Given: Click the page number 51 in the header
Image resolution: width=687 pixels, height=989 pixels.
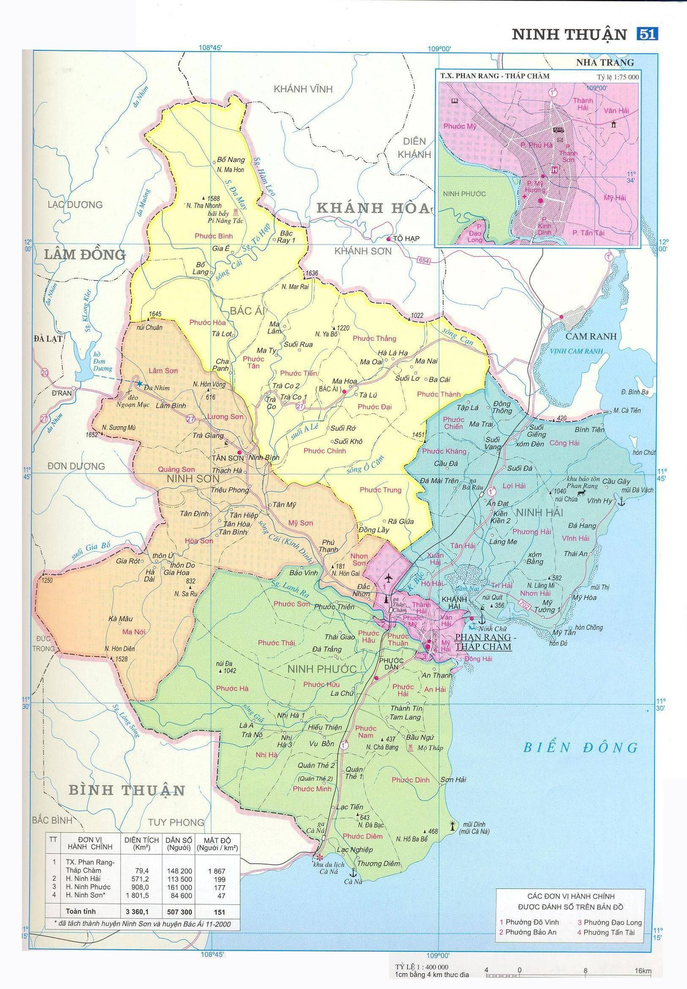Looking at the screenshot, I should click(x=647, y=34).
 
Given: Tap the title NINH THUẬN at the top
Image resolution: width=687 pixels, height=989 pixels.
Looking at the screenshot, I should click(x=569, y=34).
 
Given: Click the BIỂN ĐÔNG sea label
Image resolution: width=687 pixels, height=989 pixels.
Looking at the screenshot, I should click(x=581, y=747).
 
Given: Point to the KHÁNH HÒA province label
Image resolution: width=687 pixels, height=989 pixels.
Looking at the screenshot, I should click(x=373, y=208).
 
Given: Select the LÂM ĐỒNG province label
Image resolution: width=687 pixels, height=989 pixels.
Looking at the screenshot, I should click(x=85, y=254).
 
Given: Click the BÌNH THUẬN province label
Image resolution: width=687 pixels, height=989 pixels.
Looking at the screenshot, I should click(x=127, y=790).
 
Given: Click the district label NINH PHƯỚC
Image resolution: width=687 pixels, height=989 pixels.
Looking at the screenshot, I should click(x=322, y=669).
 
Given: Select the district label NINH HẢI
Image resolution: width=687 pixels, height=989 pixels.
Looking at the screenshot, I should click(x=540, y=512).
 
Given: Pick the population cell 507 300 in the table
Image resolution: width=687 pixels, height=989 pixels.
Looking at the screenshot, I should click(x=179, y=912).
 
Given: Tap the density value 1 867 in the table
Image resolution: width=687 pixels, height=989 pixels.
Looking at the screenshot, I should click(x=216, y=870).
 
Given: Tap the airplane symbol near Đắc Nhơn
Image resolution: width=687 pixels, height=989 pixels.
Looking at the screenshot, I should click(x=388, y=577).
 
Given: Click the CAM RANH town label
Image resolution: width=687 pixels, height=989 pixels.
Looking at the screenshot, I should click(x=591, y=336).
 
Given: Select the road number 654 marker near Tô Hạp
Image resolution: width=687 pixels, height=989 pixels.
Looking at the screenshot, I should click(x=423, y=261).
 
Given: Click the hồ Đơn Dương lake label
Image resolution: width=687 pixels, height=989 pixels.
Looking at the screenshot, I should click(x=102, y=362).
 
